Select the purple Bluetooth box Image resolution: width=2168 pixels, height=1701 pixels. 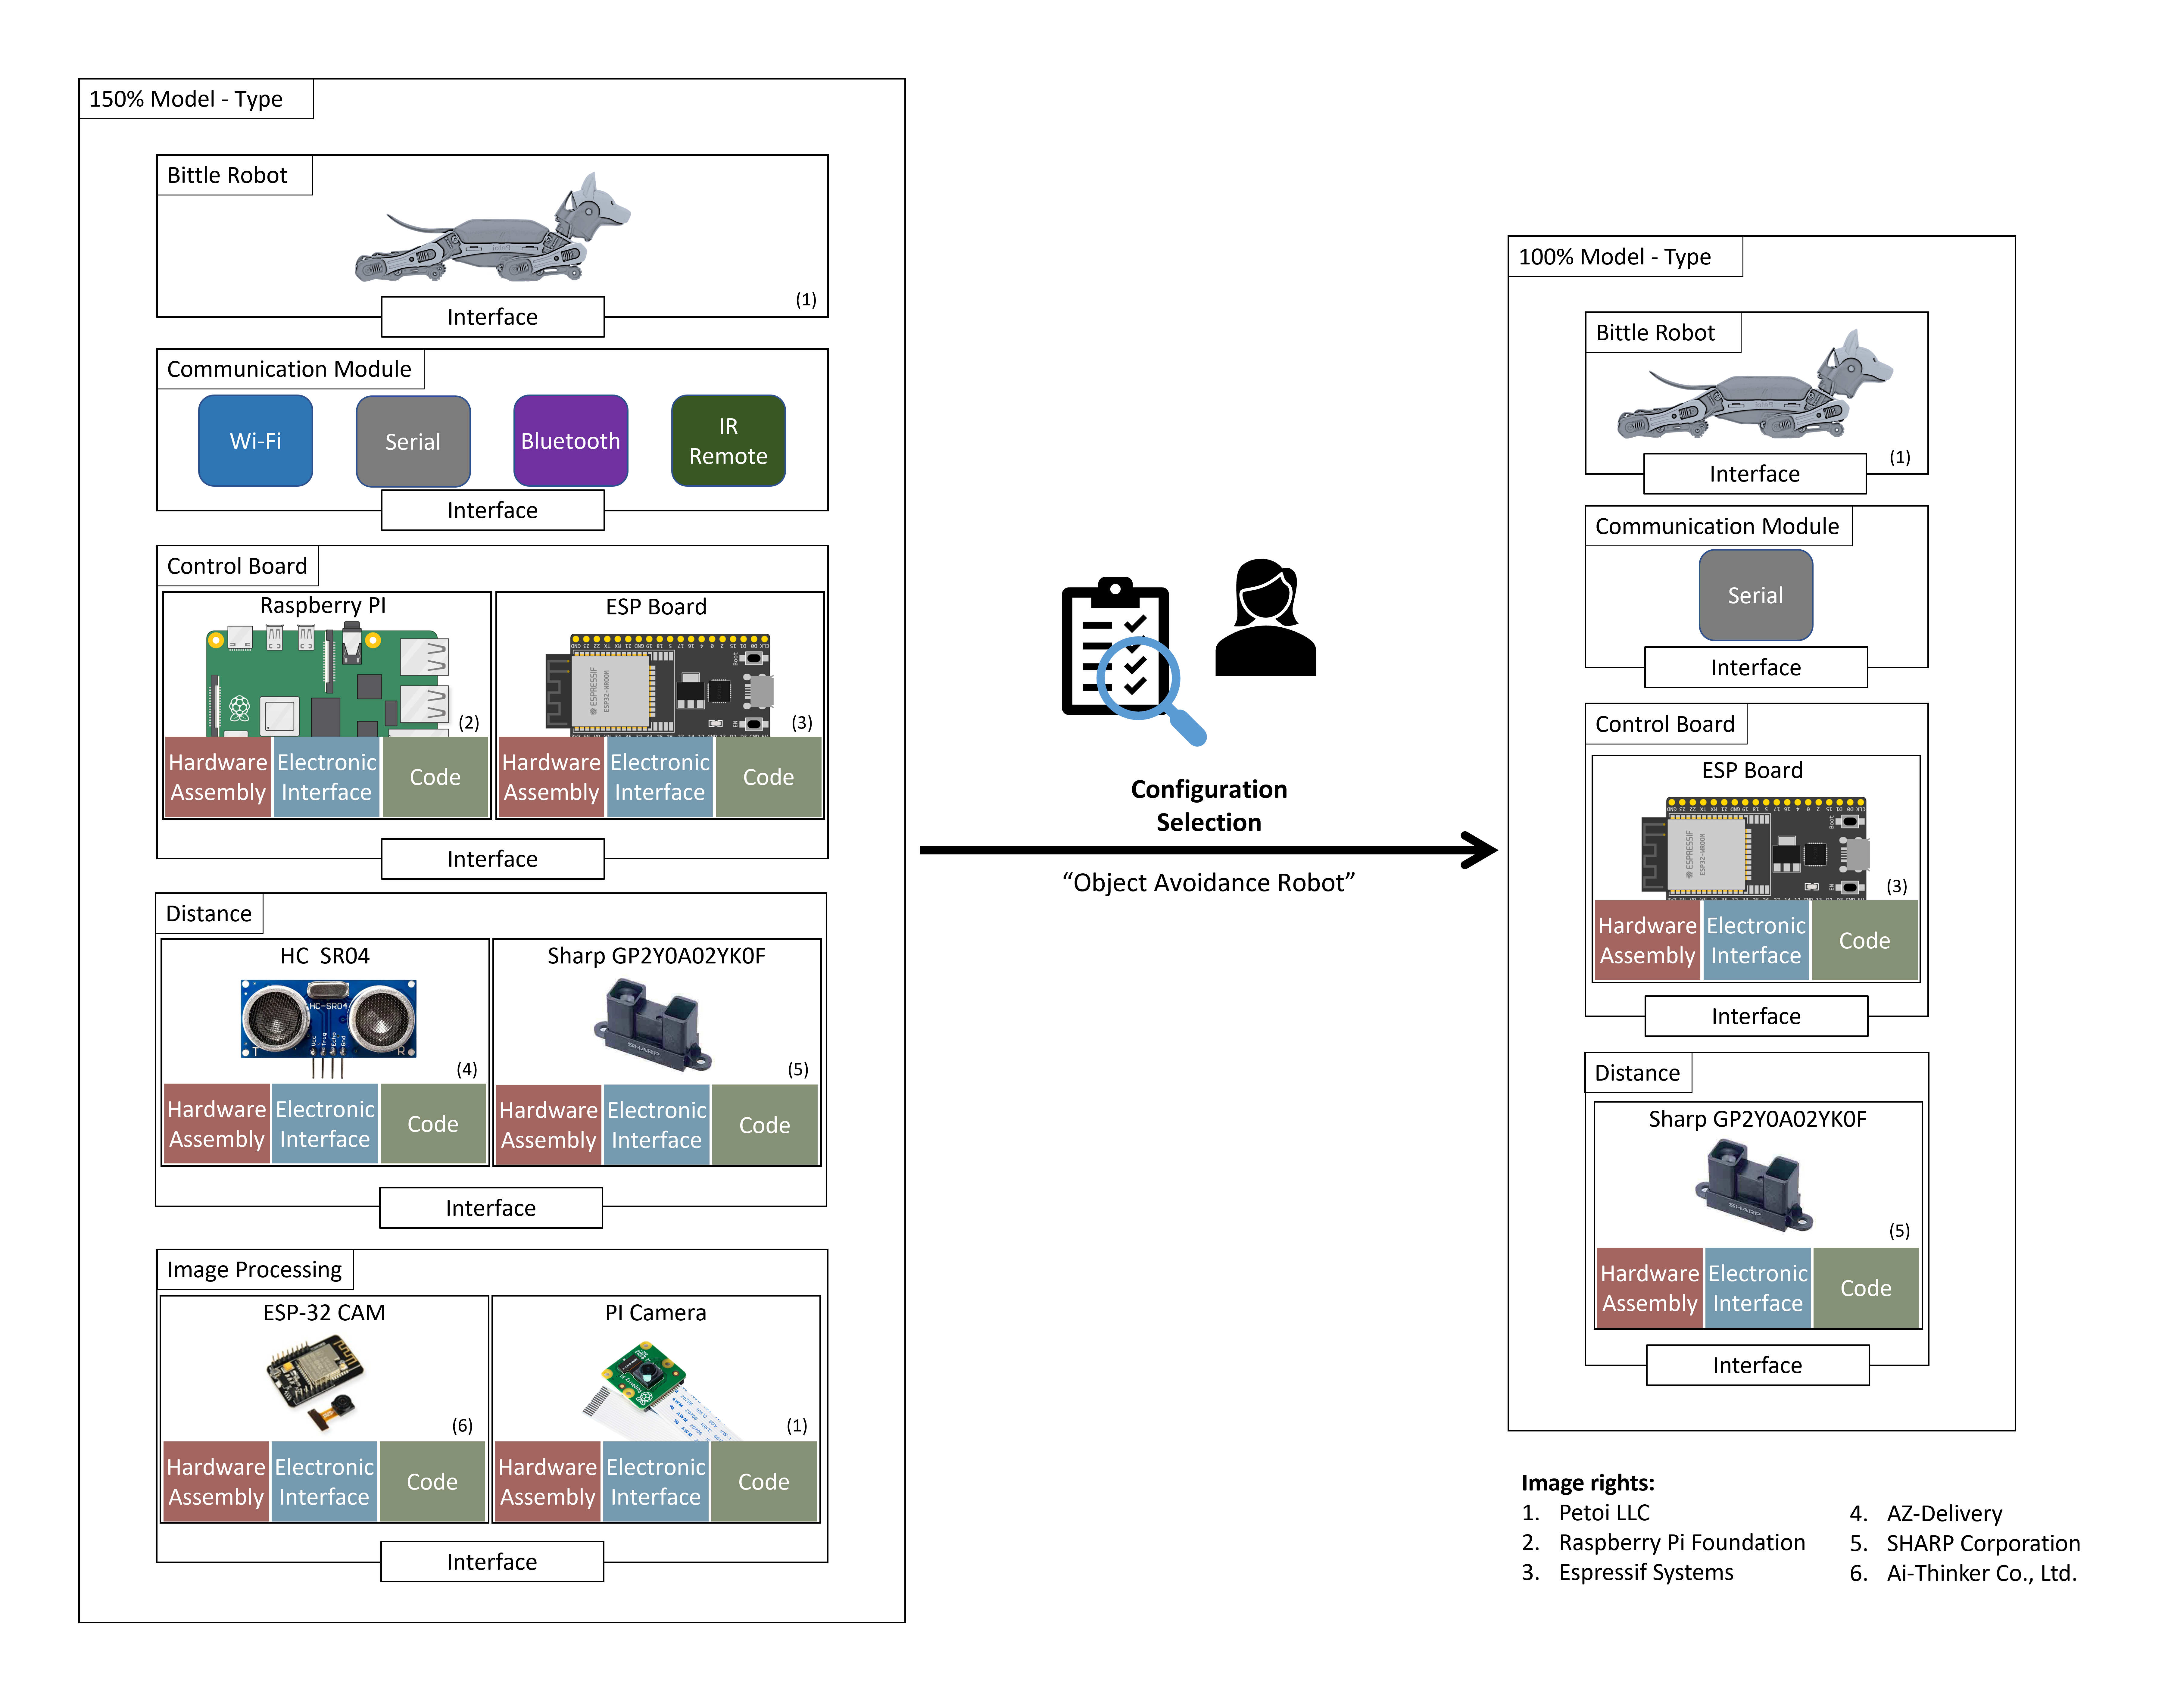coord(570,440)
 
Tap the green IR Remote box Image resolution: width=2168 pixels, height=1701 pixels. coord(728,440)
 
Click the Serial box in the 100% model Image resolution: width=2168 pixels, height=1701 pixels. coord(1755,595)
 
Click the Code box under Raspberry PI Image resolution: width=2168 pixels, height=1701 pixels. coord(434,777)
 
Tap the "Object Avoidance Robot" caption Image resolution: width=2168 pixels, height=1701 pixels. coord(1208,882)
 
